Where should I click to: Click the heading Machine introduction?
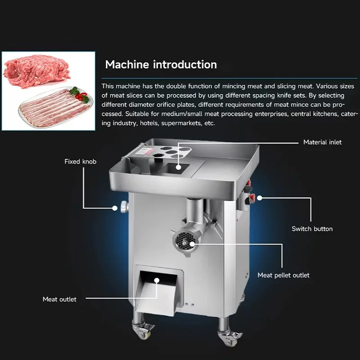(x=161, y=64)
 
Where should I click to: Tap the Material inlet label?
(x=322, y=142)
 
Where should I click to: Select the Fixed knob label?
(x=80, y=161)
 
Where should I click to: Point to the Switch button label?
(x=312, y=229)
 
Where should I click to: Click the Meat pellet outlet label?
(x=283, y=275)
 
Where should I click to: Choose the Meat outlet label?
(x=59, y=299)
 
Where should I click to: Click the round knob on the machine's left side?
(x=122, y=207)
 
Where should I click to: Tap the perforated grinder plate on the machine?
(x=184, y=238)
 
